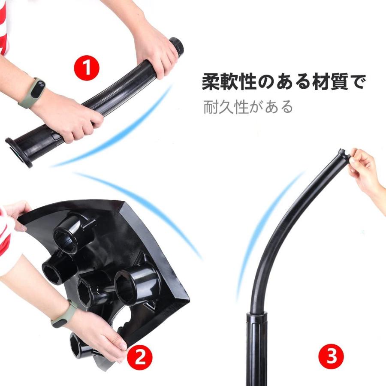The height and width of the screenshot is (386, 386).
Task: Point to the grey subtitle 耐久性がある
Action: click(248, 106)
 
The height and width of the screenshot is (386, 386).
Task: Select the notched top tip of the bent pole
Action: click(342, 154)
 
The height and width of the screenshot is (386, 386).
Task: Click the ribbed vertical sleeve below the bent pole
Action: click(256, 347)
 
